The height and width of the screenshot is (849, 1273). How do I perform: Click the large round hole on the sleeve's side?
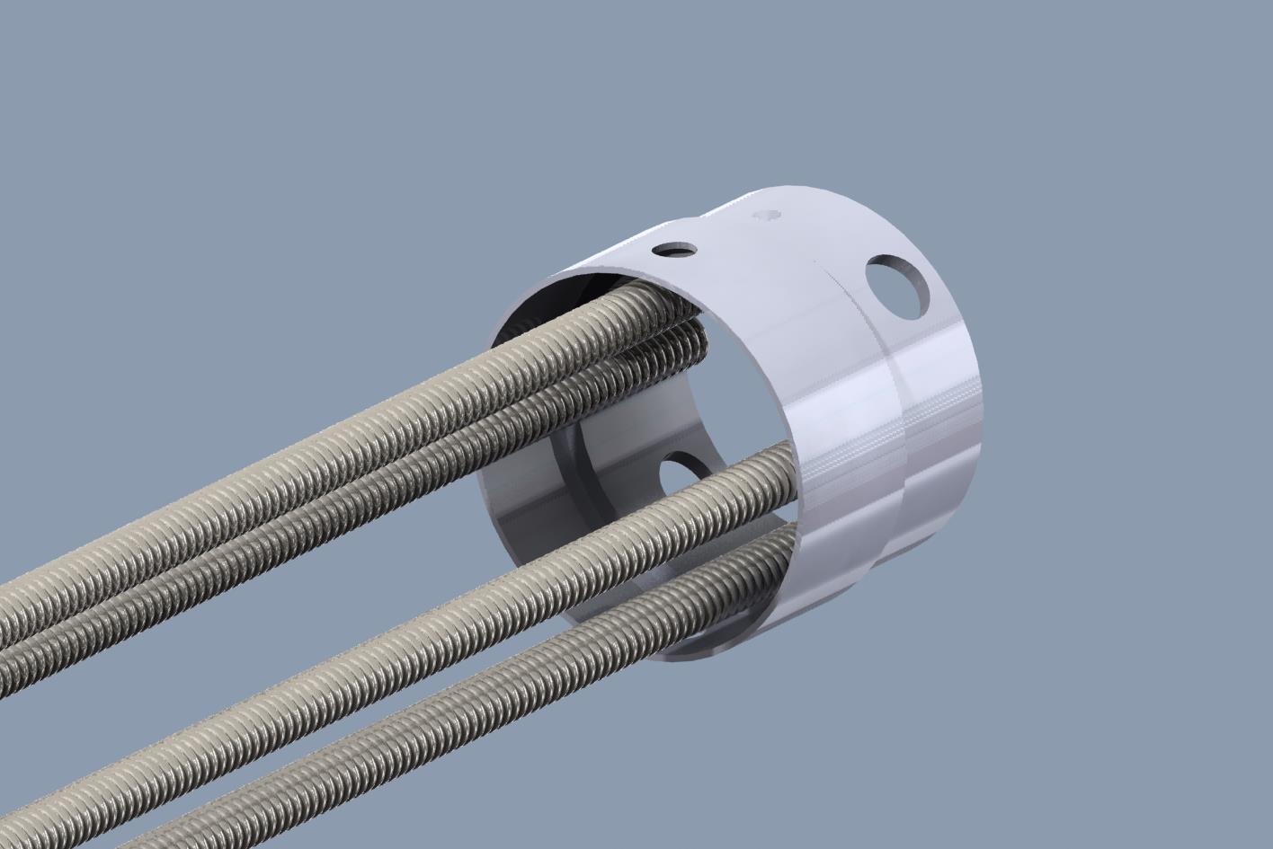point(895,287)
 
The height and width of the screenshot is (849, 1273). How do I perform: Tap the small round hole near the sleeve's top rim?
point(675,249)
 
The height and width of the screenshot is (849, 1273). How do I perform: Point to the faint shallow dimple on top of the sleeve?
point(767,216)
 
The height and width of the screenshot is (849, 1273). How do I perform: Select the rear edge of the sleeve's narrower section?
point(975,386)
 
